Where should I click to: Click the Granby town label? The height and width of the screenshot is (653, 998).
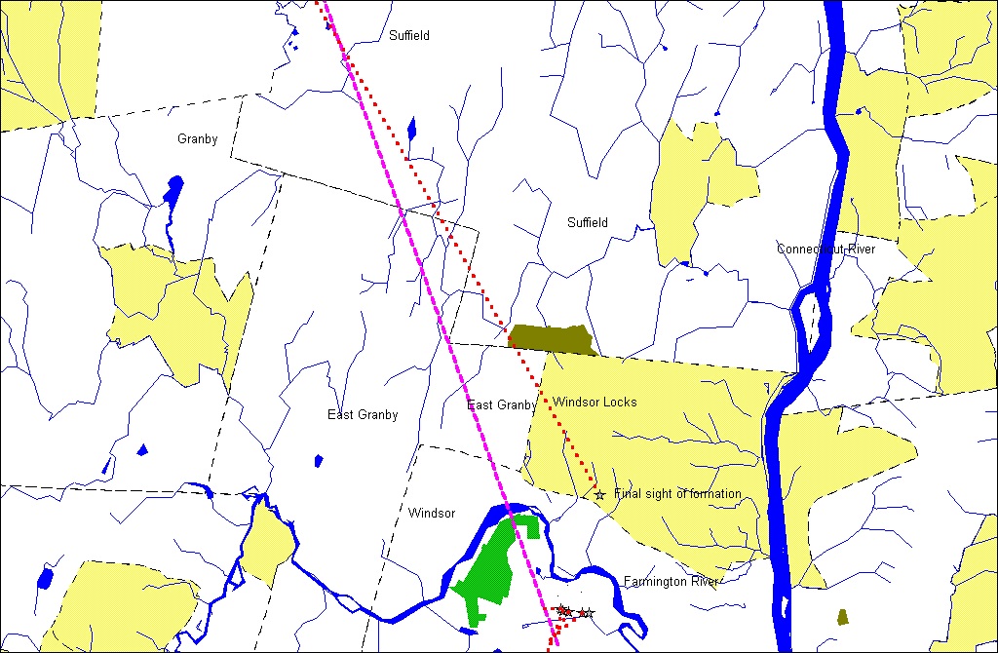pos(197,139)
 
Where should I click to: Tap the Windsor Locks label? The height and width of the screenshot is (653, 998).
pos(595,403)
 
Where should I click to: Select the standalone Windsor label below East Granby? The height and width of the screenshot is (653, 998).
pos(432,513)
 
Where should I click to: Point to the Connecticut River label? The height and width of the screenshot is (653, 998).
pos(825,250)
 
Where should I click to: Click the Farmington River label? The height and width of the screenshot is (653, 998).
pos(671,582)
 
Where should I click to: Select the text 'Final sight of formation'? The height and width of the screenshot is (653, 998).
pos(677,494)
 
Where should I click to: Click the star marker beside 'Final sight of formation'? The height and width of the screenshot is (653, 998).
pos(599,495)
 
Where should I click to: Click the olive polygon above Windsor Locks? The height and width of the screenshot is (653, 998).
pos(552,338)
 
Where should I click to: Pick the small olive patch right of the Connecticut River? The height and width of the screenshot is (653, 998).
pos(843,616)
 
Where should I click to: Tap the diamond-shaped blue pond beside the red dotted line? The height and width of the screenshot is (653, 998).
pos(411,129)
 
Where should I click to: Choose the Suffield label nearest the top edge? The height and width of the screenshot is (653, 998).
pos(409,36)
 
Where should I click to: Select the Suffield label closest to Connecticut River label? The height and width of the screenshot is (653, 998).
pos(588,223)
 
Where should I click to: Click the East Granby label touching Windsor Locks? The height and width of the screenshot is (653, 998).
pos(501,405)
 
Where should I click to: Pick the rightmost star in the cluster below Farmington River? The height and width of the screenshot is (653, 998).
pos(589,613)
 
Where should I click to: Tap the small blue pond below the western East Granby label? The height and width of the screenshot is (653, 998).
pos(318,460)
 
